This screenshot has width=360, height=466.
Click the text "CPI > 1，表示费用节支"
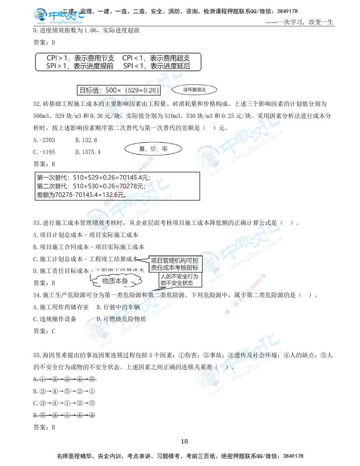click(80, 58)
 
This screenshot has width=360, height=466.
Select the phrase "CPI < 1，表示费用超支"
click(156, 58)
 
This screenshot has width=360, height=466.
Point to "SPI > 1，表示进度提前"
click(80, 66)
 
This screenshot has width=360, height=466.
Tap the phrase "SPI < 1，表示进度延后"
click(157, 66)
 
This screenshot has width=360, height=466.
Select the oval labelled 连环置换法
click(194, 90)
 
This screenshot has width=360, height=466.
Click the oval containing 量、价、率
click(153, 149)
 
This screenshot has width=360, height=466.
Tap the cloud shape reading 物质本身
click(115, 281)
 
